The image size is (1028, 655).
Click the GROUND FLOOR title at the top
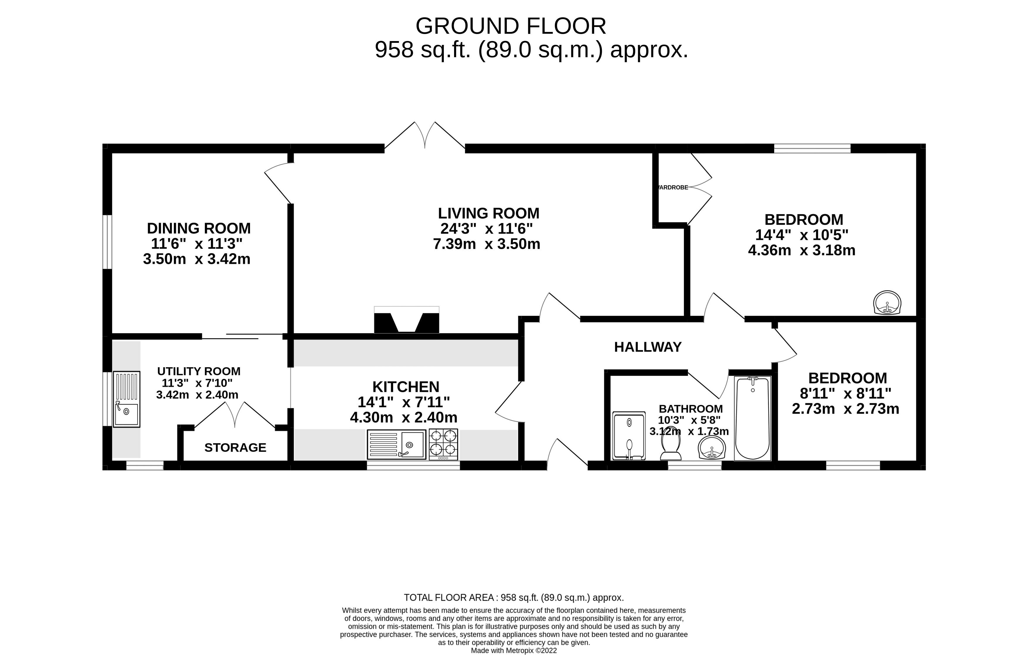click(511, 26)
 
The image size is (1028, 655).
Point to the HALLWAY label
click(648, 347)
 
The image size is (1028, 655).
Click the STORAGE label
click(235, 447)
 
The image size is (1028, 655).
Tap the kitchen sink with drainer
click(397, 445)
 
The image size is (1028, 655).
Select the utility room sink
click(126, 399)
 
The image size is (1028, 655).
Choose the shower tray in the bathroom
click(629, 436)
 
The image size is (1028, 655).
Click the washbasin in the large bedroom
click(887, 302)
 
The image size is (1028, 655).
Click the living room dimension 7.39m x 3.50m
click(487, 244)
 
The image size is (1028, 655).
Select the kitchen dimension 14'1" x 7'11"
click(404, 402)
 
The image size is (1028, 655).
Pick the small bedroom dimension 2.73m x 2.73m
click(846, 409)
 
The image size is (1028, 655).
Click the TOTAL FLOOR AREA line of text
click(514, 597)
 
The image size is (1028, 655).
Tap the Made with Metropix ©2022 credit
click(514, 651)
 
